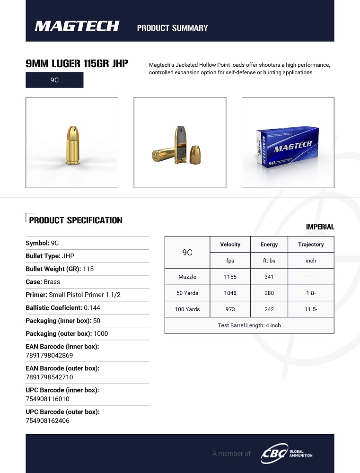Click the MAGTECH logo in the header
pyautogui.click(x=77, y=26)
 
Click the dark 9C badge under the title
pyautogui.click(x=54, y=80)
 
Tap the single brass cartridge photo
pyautogui.click(x=71, y=142)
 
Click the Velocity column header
pyautogui.click(x=230, y=245)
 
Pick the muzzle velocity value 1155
pyautogui.click(x=230, y=277)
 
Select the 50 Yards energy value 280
pyautogui.click(x=269, y=293)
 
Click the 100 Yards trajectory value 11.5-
pyautogui.click(x=311, y=309)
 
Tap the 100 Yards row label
pyautogui.click(x=188, y=309)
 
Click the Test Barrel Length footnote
pyautogui.click(x=249, y=325)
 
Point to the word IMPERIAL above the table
pyautogui.click(x=320, y=227)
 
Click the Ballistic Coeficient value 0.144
pyautogui.click(x=92, y=307)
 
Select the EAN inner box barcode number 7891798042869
pyautogui.click(x=49, y=355)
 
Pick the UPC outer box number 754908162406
pyautogui.click(x=47, y=420)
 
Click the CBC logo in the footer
pyautogui.click(x=275, y=453)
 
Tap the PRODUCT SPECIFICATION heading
pyautogui.click(x=76, y=220)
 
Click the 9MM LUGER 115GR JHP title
pyautogui.click(x=77, y=64)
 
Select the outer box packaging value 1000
pyautogui.click(x=101, y=333)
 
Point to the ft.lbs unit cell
pyautogui.click(x=269, y=261)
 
